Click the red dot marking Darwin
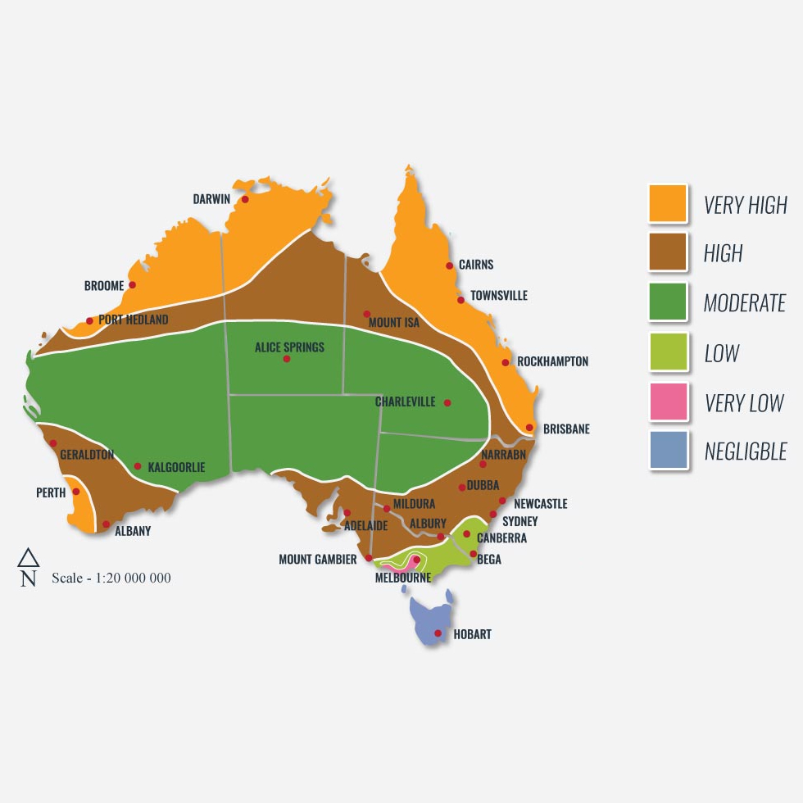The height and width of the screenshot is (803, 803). (x=244, y=199)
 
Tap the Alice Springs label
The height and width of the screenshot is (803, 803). (x=289, y=347)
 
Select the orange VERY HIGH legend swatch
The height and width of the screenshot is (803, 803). (x=668, y=203)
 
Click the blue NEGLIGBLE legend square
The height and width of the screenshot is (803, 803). (x=668, y=451)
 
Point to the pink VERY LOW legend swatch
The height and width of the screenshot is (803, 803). (x=668, y=401)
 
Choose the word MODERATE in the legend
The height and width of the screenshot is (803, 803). (x=744, y=303)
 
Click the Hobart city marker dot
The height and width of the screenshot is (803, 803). (x=438, y=633)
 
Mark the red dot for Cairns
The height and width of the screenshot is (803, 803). (x=449, y=265)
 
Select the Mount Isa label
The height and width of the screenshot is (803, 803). (x=394, y=323)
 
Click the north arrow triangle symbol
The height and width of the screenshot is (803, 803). (x=29, y=559)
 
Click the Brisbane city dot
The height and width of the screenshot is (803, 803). (x=530, y=428)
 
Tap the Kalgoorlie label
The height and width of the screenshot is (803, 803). (x=176, y=468)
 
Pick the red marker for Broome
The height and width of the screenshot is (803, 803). (x=133, y=285)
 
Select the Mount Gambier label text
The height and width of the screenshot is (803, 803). (x=317, y=560)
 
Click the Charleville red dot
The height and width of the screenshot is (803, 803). (x=447, y=402)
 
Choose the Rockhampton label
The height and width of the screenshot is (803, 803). (x=552, y=361)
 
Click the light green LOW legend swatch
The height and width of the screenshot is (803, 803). (x=668, y=352)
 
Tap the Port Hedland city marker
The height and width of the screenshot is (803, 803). (x=89, y=320)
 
